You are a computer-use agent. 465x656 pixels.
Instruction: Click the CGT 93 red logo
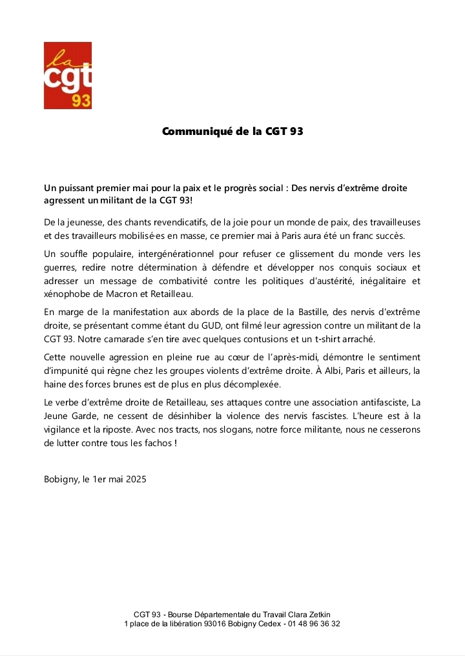(68, 76)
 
